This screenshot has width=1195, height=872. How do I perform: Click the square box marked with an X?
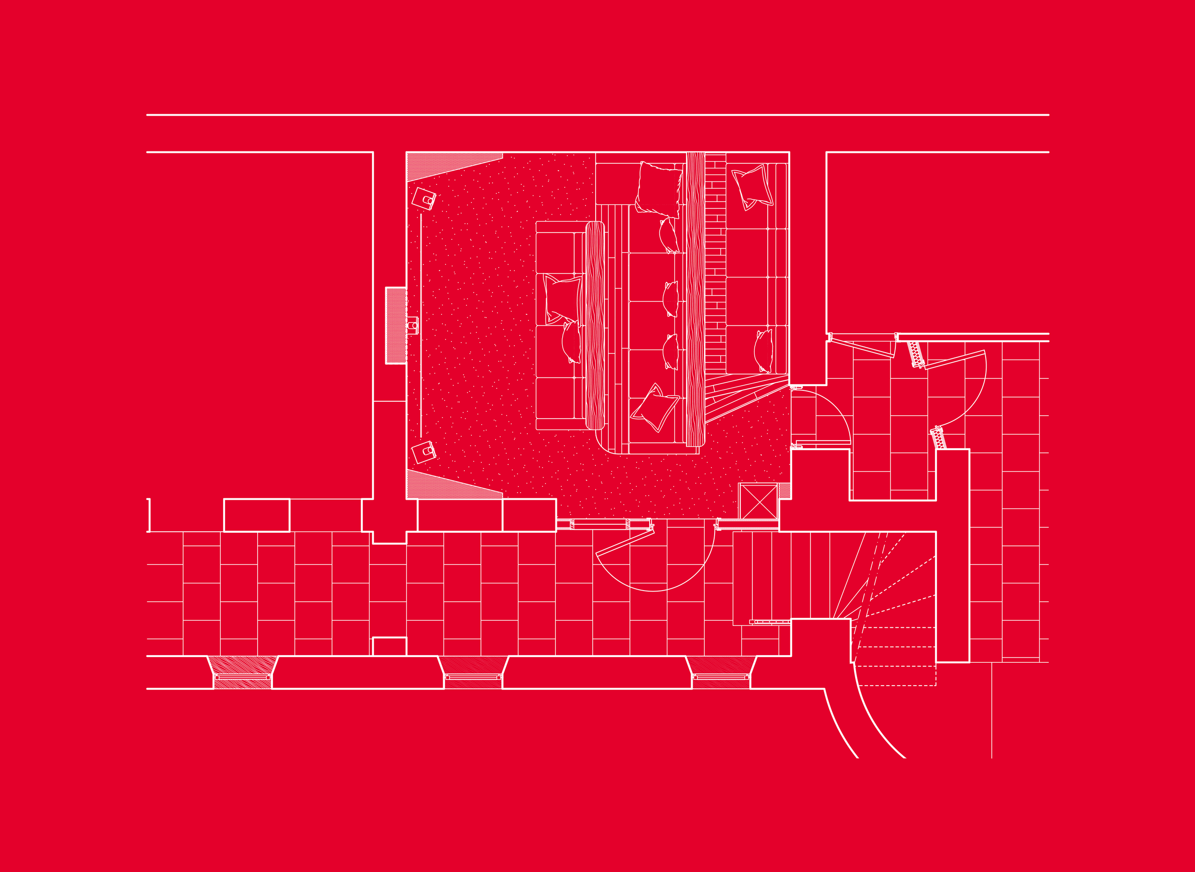758,501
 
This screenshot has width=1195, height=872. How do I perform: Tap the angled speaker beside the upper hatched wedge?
424,199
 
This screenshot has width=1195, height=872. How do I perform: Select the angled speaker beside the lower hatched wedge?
424,452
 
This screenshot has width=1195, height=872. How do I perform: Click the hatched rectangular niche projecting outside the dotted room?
395,325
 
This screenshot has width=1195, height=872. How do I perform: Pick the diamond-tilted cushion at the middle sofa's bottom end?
655,409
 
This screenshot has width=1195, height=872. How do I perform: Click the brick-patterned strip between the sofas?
716,264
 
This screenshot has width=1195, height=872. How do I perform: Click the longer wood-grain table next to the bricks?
695,299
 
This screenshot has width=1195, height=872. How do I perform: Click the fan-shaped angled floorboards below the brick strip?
739,396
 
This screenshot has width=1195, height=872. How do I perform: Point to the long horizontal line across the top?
597,115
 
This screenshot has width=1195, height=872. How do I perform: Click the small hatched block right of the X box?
785,490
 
